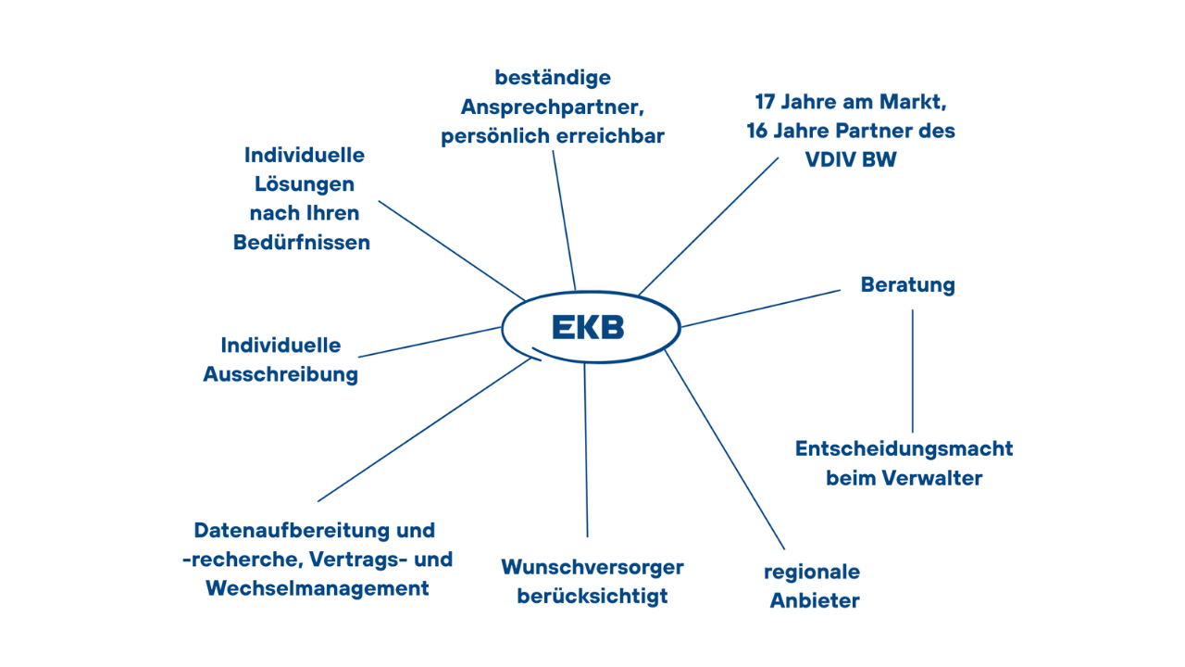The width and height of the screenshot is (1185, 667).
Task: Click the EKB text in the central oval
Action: [x=588, y=327]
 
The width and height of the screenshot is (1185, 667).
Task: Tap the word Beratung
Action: [x=908, y=285]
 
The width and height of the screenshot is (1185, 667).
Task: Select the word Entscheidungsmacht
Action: [x=904, y=449]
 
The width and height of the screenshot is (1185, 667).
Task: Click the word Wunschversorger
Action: [x=592, y=567]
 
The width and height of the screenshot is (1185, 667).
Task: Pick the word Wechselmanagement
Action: [x=318, y=588]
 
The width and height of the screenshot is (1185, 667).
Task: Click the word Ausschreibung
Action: [x=281, y=375]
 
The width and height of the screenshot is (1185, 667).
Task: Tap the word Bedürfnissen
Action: [x=302, y=243]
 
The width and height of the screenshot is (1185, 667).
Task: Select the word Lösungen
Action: [x=305, y=184]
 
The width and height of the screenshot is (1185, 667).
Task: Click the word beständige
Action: [x=553, y=78]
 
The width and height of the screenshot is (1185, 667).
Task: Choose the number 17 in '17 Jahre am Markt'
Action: [x=765, y=102]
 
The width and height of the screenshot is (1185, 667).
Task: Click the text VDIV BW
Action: [x=851, y=159]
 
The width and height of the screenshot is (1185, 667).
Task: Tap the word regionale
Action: [x=812, y=573]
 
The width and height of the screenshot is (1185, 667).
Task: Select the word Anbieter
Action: [x=815, y=601]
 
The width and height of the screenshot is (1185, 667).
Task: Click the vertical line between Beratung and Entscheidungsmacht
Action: [x=913, y=371]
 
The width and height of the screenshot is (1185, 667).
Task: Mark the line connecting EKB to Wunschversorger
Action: [x=586, y=450]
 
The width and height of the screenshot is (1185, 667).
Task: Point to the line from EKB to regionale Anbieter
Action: [x=725, y=449]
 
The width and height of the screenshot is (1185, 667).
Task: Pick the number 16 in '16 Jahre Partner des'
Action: [x=757, y=131]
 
